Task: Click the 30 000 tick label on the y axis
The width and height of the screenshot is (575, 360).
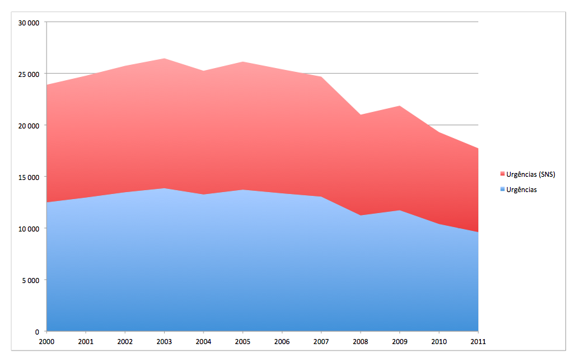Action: click(x=29, y=23)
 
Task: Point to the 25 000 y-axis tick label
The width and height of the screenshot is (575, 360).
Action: click(x=29, y=74)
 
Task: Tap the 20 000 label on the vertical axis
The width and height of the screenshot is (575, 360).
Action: click(x=29, y=126)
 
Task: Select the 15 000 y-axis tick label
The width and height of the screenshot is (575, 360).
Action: click(x=29, y=177)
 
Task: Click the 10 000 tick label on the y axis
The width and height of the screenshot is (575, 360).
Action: click(x=29, y=229)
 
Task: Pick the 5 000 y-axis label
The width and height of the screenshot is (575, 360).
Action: click(x=31, y=280)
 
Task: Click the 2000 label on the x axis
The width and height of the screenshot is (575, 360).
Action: click(x=47, y=342)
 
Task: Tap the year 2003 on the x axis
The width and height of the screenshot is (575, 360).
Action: click(x=165, y=342)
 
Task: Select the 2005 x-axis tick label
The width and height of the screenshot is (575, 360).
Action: click(x=243, y=342)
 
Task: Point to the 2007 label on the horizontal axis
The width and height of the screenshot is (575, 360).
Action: click(x=321, y=342)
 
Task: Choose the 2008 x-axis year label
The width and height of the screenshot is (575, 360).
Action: click(x=361, y=342)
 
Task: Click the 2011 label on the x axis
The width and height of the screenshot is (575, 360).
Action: click(x=478, y=342)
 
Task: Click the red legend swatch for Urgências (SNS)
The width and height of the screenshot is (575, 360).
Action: click(x=502, y=174)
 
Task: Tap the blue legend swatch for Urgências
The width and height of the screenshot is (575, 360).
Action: click(x=502, y=190)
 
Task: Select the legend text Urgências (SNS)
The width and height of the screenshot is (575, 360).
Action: click(x=531, y=174)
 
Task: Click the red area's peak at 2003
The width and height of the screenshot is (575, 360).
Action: click(x=165, y=59)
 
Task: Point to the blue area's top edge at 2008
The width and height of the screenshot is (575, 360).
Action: click(x=361, y=216)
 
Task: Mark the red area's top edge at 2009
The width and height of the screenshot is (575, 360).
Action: click(x=399, y=106)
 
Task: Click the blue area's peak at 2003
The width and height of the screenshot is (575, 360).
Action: click(x=165, y=188)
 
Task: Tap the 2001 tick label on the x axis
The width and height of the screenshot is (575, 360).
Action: click(x=87, y=342)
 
